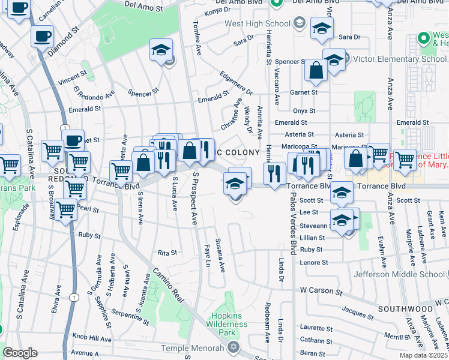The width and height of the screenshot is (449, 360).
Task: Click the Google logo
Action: pyautogui.click(x=20, y=353)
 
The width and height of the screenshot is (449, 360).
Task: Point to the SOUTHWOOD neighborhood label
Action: pyautogui.click(x=406, y=308)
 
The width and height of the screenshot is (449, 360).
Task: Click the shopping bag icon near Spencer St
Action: pyautogui.click(x=316, y=71)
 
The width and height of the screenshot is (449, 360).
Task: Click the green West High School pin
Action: pyautogui.click(x=277, y=3)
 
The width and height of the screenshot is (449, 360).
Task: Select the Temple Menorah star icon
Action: pyautogui.click(x=232, y=347)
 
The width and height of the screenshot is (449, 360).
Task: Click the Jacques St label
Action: pyautogui.click(x=357, y=310)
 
